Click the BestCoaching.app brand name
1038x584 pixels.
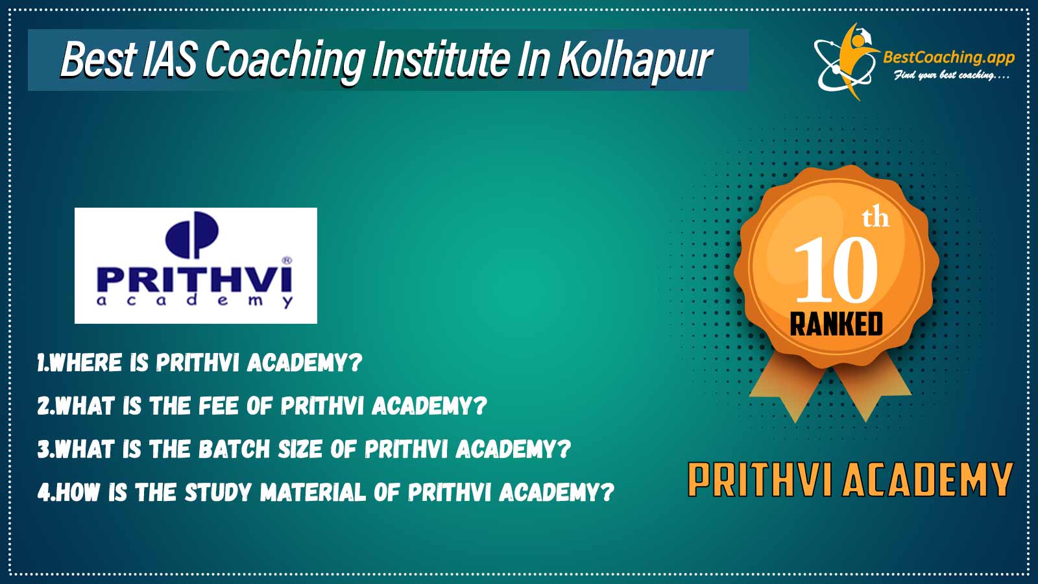[x=949, y=58]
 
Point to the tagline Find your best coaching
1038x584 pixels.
[x=951, y=75]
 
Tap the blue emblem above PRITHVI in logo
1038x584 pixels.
[x=192, y=234]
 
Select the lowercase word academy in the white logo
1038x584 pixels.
[x=195, y=300]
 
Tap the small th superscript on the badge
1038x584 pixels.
[x=875, y=219]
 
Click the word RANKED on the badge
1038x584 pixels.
[x=836, y=324]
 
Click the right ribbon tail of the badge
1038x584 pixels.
[x=871, y=390]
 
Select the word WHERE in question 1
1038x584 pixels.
[x=86, y=363]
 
